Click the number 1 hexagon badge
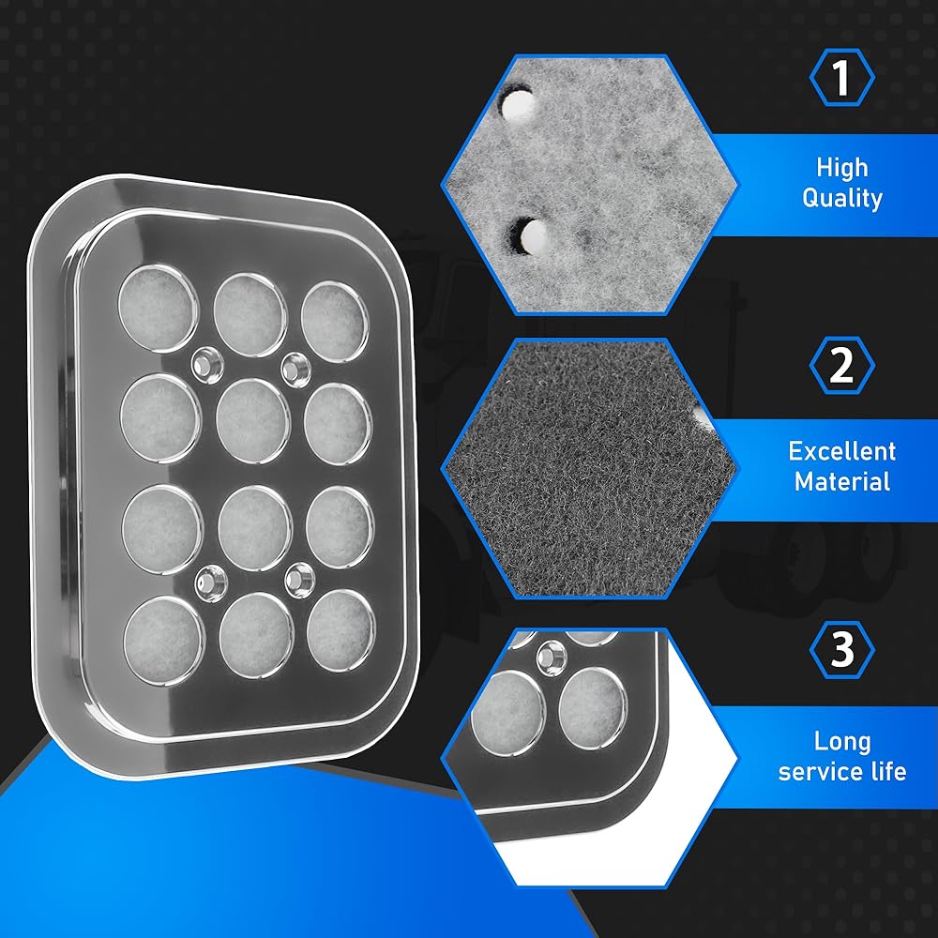[x=841, y=78]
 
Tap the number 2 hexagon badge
[x=841, y=365]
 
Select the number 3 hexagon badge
[x=841, y=650]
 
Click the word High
[x=842, y=168]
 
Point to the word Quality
[x=842, y=198]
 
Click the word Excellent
[x=842, y=452]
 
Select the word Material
[x=842, y=481]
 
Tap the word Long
[x=842, y=742]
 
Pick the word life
[x=889, y=772]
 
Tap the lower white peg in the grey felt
[x=533, y=235]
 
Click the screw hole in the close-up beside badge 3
[x=551, y=658]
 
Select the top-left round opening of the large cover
[x=158, y=308]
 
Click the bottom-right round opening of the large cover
[x=340, y=630]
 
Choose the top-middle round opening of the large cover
[x=250, y=314]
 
